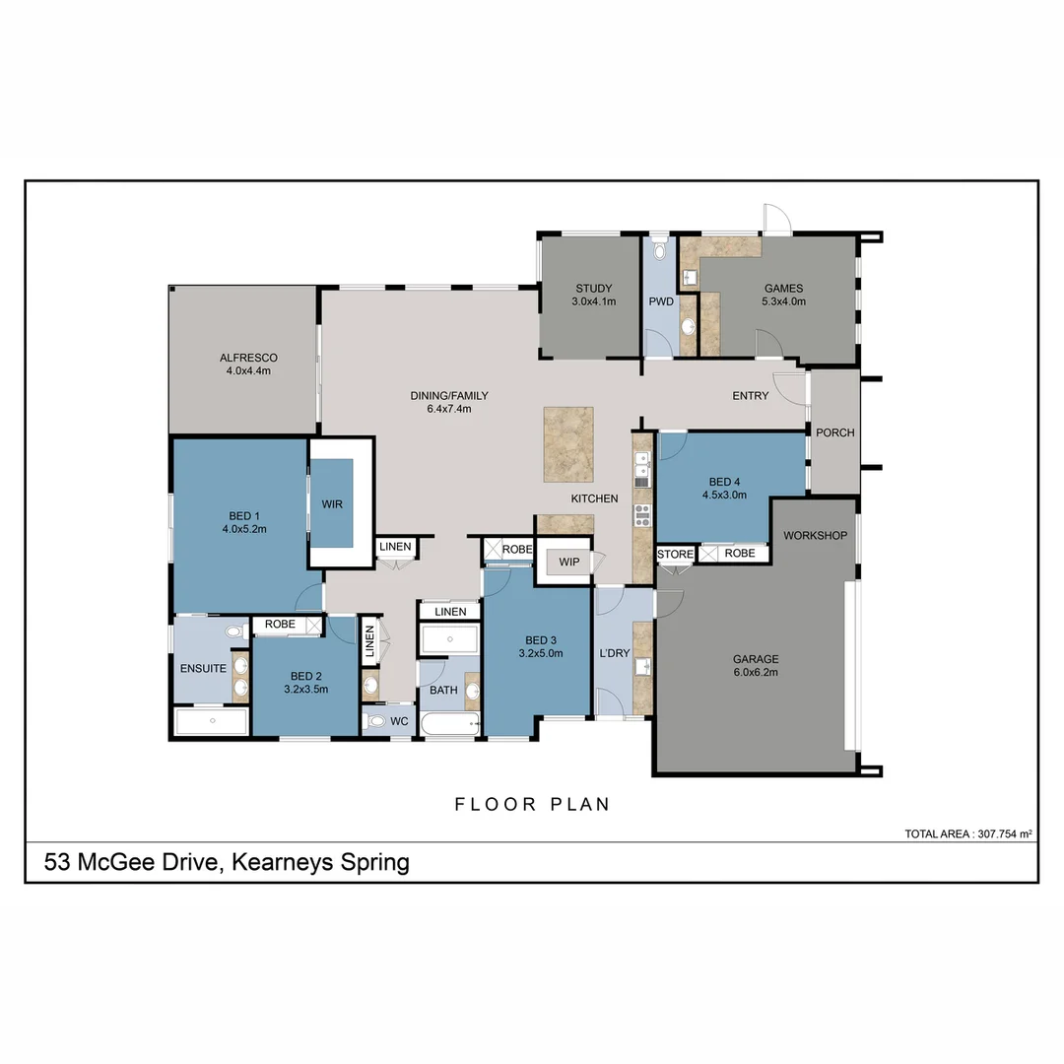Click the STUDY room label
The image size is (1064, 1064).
pyautogui.click(x=593, y=289)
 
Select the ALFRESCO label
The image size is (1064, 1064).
pyautogui.click(x=248, y=359)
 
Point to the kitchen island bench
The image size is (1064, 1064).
pyautogui.click(x=568, y=444)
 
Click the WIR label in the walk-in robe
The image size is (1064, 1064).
pyautogui.click(x=331, y=503)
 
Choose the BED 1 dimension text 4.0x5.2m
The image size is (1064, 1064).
pyautogui.click(x=244, y=529)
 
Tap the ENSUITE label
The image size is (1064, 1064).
pyautogui.click(x=203, y=668)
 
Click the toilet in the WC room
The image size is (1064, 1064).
pyautogui.click(x=375, y=721)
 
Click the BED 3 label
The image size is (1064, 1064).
pyautogui.click(x=539, y=638)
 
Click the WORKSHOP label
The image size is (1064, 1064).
pyautogui.click(x=815, y=535)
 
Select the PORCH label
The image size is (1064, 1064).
pyautogui.click(x=834, y=432)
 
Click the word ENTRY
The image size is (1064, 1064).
pyautogui.click(x=750, y=396)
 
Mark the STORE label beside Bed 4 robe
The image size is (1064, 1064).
pyautogui.click(x=675, y=555)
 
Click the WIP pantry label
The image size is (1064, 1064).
pyautogui.click(x=568, y=562)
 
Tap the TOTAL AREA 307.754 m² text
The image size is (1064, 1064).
pyautogui.click(x=967, y=834)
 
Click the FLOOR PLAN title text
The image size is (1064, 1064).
pyautogui.click(x=532, y=804)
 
